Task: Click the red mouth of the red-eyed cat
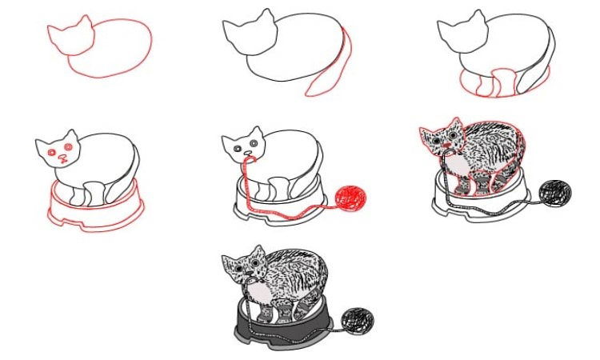[62, 162]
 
